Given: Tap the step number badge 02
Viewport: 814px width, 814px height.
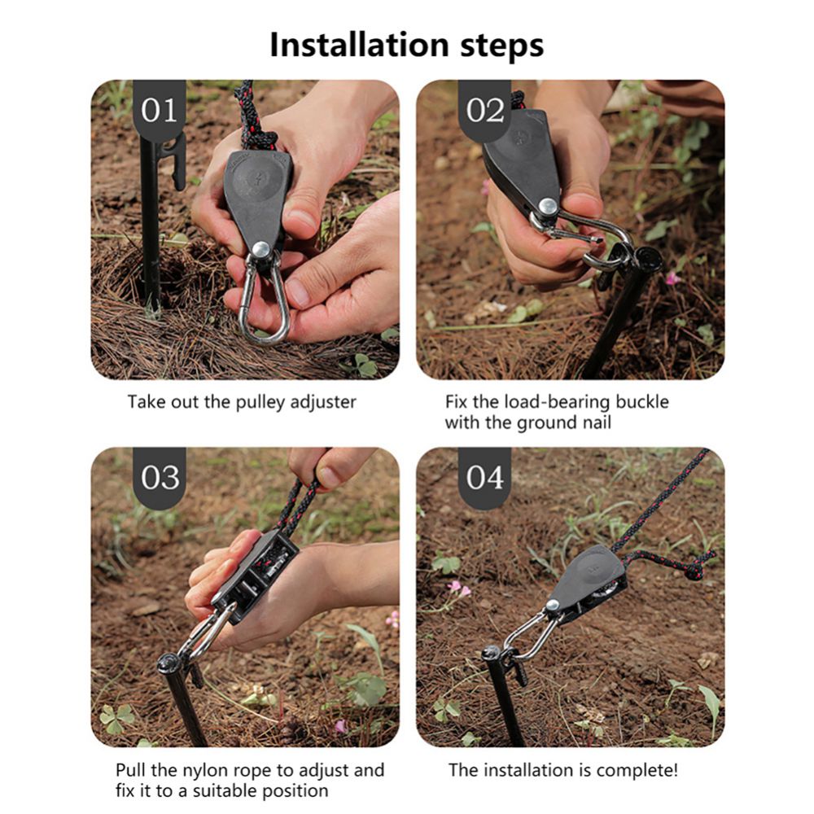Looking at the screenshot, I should coord(485,110).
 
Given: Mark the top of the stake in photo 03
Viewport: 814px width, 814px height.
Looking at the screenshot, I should coord(168,663).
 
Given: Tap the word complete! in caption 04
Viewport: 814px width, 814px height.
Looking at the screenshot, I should coord(636,769).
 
